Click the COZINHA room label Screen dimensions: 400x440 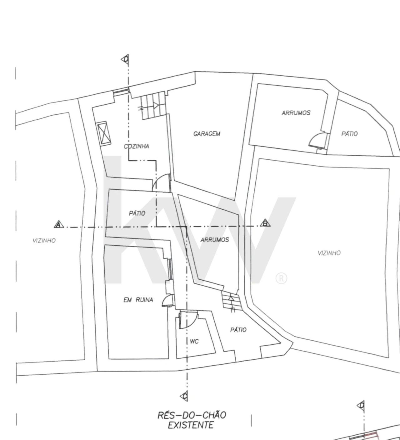(137, 146)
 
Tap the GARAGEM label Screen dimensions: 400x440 (207, 134)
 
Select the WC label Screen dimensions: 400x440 (194, 341)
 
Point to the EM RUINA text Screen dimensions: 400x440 (138, 300)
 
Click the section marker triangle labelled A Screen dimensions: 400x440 (59, 224)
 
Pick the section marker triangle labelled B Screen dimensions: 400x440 (265, 223)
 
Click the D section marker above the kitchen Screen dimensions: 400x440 (125, 59)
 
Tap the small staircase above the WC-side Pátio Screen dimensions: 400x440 (231, 300)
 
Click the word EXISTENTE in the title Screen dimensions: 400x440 (191, 425)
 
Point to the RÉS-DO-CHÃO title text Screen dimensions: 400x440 (192, 415)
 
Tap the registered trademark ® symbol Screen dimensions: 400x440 (281, 278)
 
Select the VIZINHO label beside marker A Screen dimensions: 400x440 (44, 241)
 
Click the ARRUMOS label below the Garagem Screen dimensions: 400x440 (215, 240)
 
